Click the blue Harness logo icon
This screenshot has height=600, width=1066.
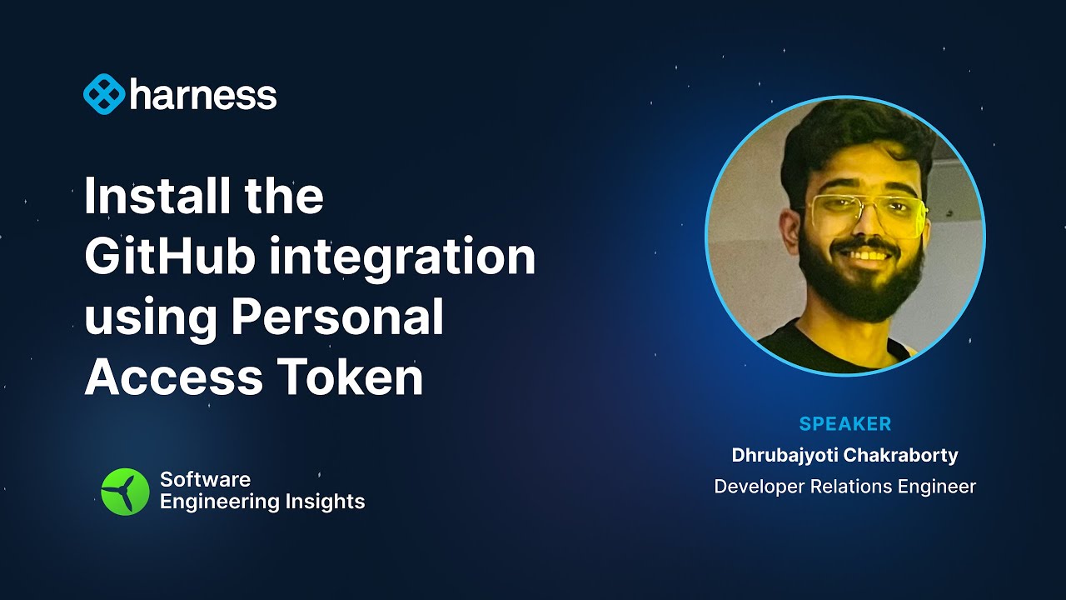pos(103,95)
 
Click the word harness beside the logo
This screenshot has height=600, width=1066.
pos(203,95)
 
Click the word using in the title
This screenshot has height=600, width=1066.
pos(150,319)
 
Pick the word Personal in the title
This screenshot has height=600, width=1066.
pos(337,317)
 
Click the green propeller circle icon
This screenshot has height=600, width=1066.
pos(125,491)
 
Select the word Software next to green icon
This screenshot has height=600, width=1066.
pos(205,479)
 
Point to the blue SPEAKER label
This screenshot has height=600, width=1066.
pos(844,424)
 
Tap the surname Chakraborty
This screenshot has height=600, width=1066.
pos(903,455)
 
